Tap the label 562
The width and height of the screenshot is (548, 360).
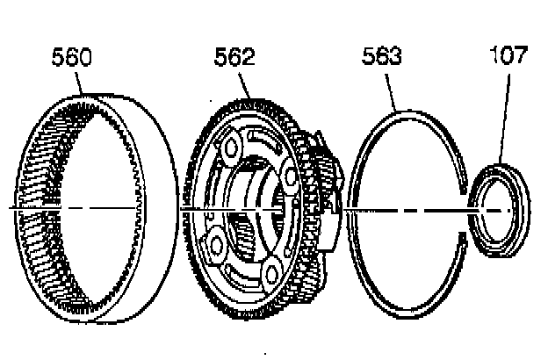(234, 58)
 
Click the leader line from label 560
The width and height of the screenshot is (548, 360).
(80, 83)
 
